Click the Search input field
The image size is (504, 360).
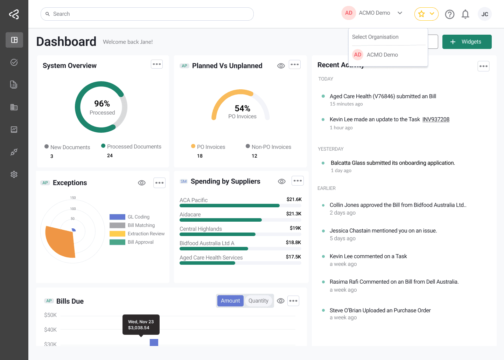pyautogui.click(x=147, y=14)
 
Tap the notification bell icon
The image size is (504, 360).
pyautogui.click(x=465, y=14)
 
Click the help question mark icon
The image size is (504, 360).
pyautogui.click(x=449, y=14)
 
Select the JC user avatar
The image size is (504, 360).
pyautogui.click(x=484, y=14)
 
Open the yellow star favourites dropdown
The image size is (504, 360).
pyautogui.click(x=426, y=14)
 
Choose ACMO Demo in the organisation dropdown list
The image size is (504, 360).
pyautogui.click(x=382, y=55)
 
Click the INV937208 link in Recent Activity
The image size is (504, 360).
pyautogui.click(x=436, y=119)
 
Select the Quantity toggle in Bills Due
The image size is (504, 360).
pyautogui.click(x=258, y=301)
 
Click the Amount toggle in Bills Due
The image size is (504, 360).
pyautogui.click(x=230, y=301)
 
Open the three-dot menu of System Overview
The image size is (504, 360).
pyautogui.click(x=157, y=64)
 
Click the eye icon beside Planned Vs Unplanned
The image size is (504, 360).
pyautogui.click(x=281, y=66)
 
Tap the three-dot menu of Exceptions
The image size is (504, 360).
pyautogui.click(x=159, y=183)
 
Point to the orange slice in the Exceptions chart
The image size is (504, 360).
pyautogui.click(x=60, y=241)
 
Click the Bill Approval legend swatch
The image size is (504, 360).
pyautogui.click(x=117, y=242)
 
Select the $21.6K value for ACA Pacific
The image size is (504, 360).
pyautogui.click(x=294, y=199)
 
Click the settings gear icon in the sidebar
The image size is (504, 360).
pyautogui.click(x=14, y=174)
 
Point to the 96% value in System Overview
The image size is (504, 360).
pyautogui.click(x=102, y=104)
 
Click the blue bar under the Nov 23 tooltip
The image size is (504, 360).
pyautogui.click(x=154, y=342)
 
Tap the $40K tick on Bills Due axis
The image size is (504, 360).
pyautogui.click(x=50, y=330)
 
